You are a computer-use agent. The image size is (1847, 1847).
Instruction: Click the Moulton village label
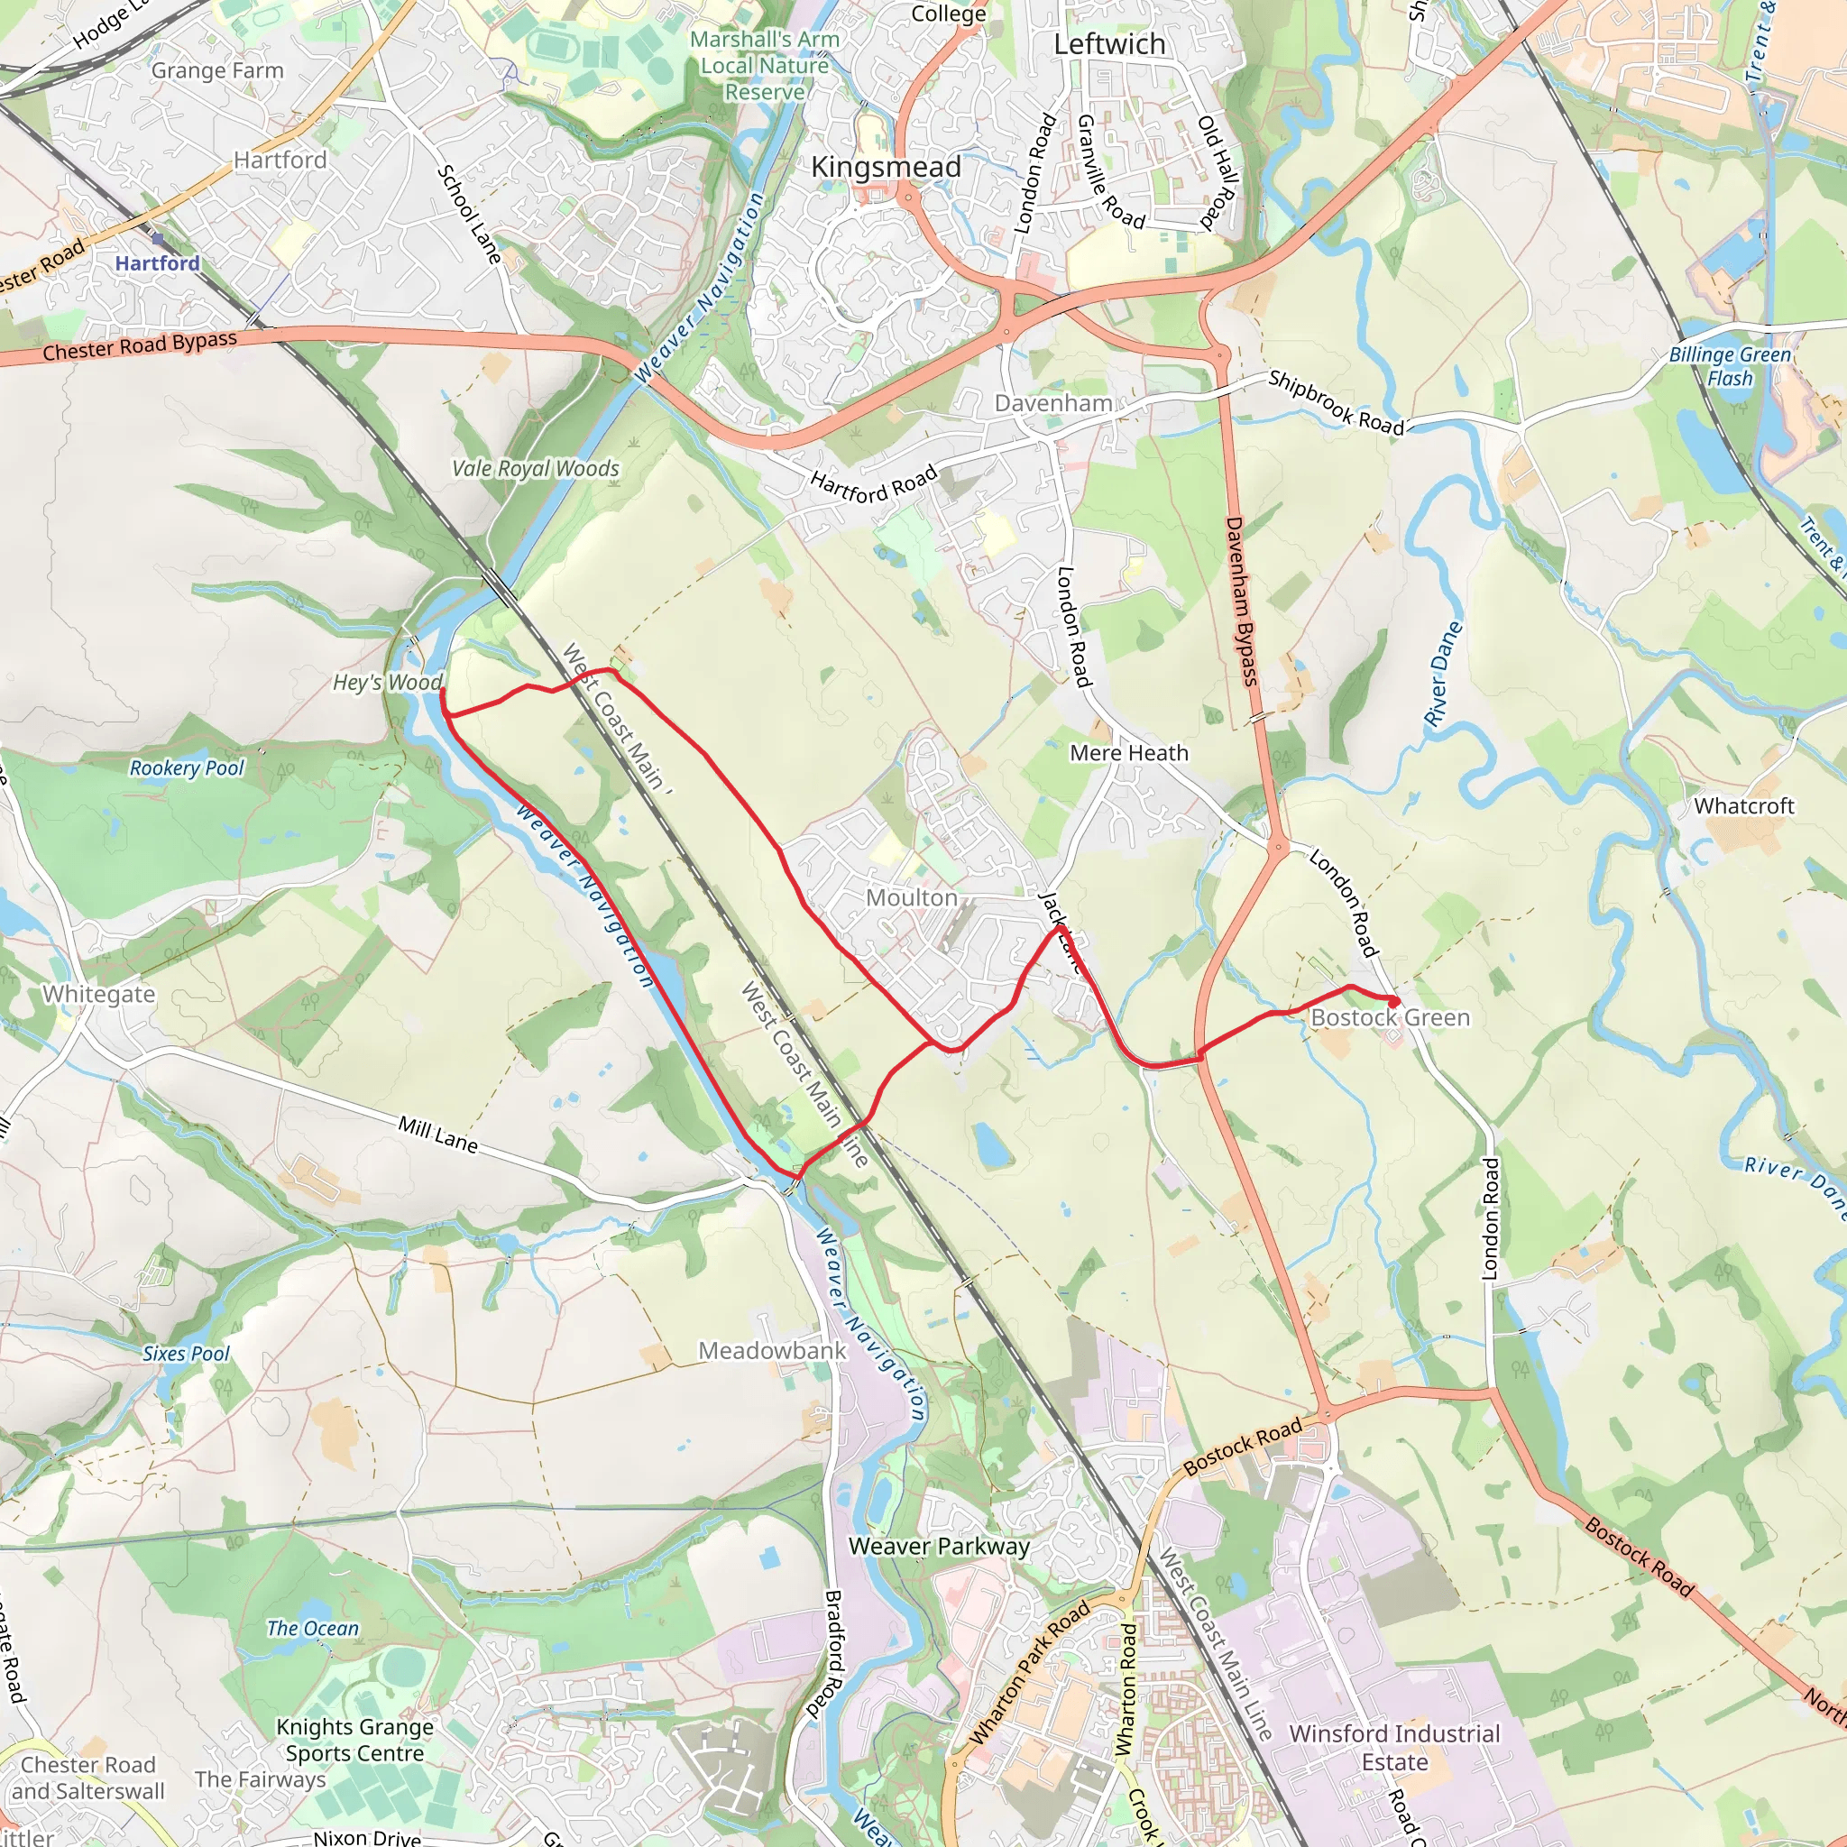[911, 897]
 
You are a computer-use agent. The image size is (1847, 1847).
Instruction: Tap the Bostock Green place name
[1389, 1017]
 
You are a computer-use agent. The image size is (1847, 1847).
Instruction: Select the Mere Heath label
[1129, 753]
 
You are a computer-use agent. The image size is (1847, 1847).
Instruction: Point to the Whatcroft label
[1744, 806]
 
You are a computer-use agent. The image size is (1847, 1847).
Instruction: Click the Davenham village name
[1052, 403]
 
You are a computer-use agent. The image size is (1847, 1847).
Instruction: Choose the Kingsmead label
[886, 168]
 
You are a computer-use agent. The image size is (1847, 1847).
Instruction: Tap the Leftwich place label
[1109, 45]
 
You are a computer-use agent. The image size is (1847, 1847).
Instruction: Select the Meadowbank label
[771, 1351]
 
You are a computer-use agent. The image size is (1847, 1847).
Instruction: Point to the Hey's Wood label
[387, 683]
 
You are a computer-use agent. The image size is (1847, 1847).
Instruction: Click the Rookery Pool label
[187, 768]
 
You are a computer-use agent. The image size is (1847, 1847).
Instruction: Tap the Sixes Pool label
[187, 1354]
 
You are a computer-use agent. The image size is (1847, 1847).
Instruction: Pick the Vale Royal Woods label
[536, 468]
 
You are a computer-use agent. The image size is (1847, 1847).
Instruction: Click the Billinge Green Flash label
[1730, 366]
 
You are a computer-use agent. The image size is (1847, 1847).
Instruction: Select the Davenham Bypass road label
[1241, 602]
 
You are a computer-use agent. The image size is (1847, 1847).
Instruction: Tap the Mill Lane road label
[437, 1134]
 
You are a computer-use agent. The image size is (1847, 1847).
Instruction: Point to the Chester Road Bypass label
[140, 346]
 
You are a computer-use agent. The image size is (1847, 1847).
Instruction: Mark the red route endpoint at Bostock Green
[1395, 1001]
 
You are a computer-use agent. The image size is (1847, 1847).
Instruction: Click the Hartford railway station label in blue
[158, 263]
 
